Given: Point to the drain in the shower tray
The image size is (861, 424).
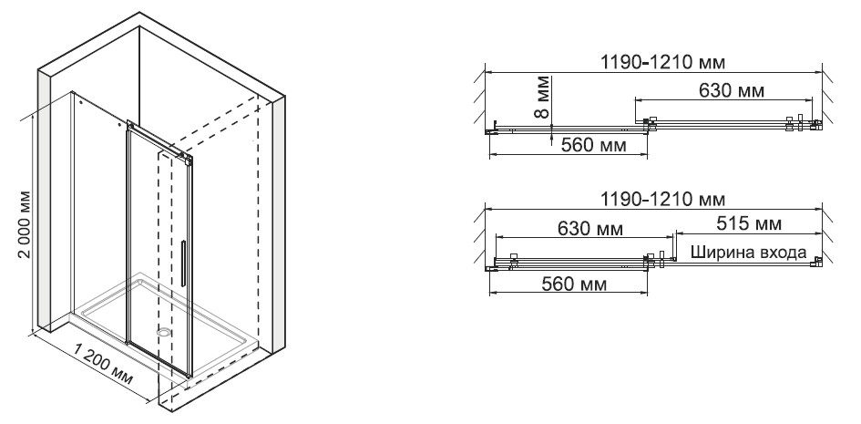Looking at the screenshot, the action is pos(164,332).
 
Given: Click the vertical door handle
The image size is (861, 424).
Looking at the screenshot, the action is pos(183,264).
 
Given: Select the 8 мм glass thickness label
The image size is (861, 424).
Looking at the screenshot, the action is pos(541,98).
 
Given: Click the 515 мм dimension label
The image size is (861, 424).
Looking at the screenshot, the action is pos(749,223).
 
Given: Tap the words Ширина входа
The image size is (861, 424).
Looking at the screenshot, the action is pos(748,252).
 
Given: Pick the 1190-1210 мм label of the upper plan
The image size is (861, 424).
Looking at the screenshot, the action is pos(661,62).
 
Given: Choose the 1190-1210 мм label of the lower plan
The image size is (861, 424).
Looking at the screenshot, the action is pos(661,198).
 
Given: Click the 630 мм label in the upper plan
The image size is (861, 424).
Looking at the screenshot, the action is pos(731,89).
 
